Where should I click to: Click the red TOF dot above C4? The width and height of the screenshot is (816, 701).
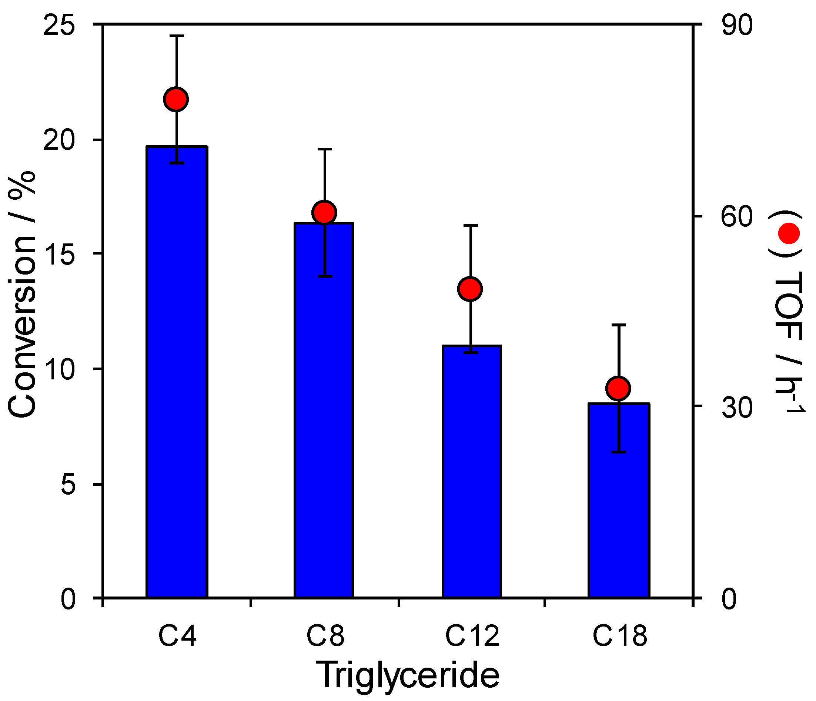coord(176,99)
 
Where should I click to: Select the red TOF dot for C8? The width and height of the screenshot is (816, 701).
coord(324,213)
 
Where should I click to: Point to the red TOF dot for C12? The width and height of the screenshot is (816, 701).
coord(470,289)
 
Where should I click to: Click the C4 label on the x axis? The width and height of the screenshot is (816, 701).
coord(178,636)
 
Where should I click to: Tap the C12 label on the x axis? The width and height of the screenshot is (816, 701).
coord(472,636)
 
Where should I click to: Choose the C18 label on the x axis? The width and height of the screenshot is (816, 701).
coord(620,636)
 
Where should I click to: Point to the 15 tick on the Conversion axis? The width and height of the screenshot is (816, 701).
coord(59,254)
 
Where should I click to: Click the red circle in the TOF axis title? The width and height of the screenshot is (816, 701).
coord(789,234)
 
